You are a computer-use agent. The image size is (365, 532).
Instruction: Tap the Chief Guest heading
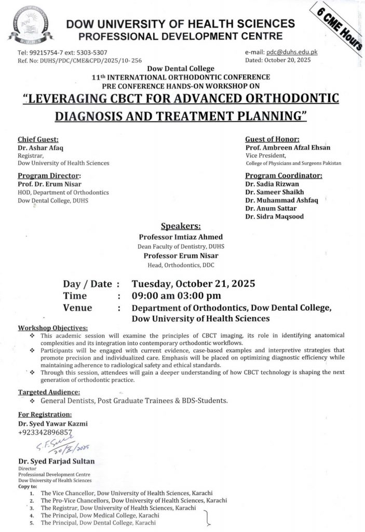pos(38,139)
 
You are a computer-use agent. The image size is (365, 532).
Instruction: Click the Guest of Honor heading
pos(272,139)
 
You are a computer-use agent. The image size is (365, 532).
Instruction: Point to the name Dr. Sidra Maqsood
pos(275,216)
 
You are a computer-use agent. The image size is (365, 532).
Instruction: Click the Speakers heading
pos(181,227)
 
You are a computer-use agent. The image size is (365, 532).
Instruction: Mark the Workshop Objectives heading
pos(53,328)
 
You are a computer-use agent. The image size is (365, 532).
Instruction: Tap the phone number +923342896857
pos(44,432)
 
